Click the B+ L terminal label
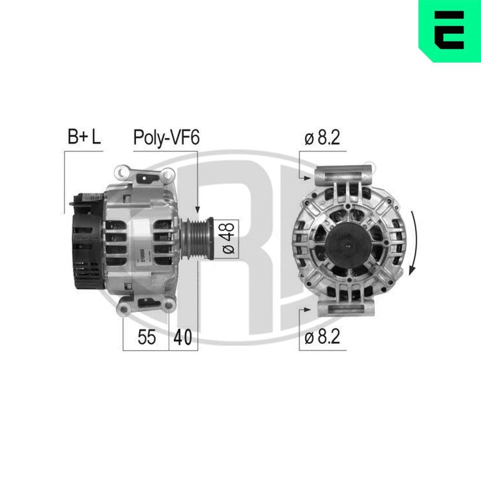click(84, 138)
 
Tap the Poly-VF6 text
click(166, 138)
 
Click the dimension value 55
click(147, 338)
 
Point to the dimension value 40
click(183, 338)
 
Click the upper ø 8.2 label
click(322, 138)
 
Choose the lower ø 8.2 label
click(322, 337)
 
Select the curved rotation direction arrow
click(414, 240)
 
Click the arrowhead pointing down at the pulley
click(197, 210)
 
